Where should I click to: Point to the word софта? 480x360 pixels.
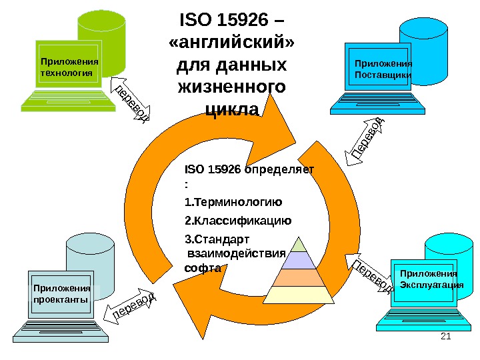[x=201, y=268]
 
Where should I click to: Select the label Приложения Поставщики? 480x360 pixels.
[x=383, y=69]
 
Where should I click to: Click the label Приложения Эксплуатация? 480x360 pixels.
[x=431, y=279]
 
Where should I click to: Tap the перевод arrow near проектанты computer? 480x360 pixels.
[x=133, y=305]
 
